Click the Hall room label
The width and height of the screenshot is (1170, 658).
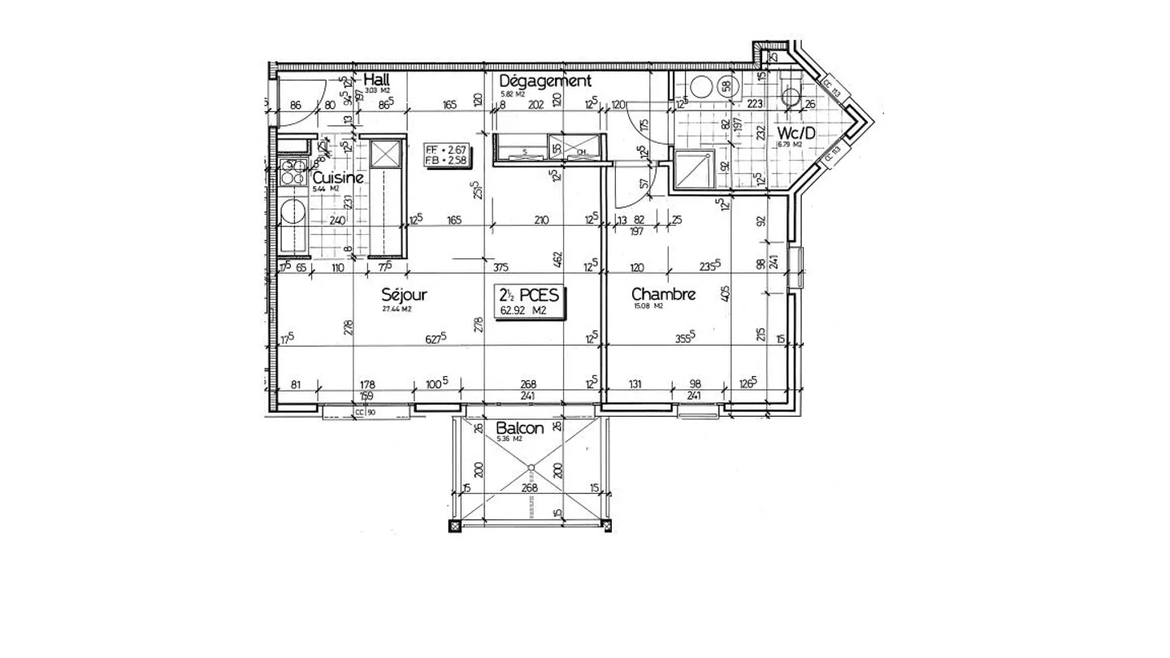376,80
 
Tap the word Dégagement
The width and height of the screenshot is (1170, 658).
544,80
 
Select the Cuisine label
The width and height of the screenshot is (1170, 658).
337,178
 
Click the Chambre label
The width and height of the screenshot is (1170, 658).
663,294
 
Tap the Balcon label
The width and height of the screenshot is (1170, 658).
519,428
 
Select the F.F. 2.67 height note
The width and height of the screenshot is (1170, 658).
446,149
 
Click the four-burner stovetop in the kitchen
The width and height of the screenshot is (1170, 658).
291,171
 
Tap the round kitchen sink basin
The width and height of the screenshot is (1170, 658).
291,213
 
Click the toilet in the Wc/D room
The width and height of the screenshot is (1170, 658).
789,96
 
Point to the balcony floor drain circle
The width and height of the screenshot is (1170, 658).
531,467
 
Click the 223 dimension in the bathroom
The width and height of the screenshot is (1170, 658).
754,103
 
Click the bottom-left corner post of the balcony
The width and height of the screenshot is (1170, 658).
453,526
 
